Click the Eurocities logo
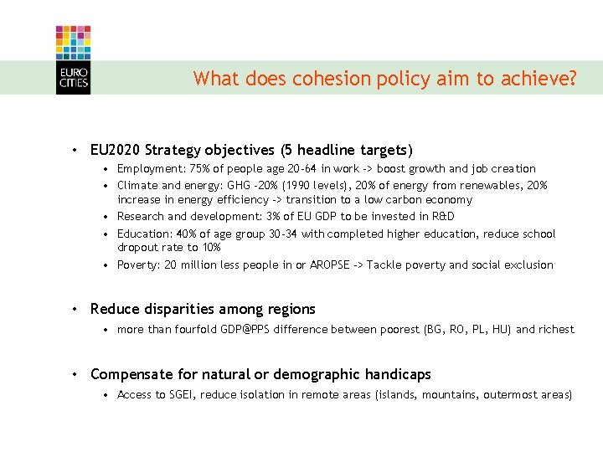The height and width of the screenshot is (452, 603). pyautogui.click(x=73, y=59)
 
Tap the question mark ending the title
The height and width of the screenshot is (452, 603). pyautogui.click(x=572, y=79)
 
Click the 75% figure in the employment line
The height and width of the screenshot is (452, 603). pyautogui.click(x=202, y=169)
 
